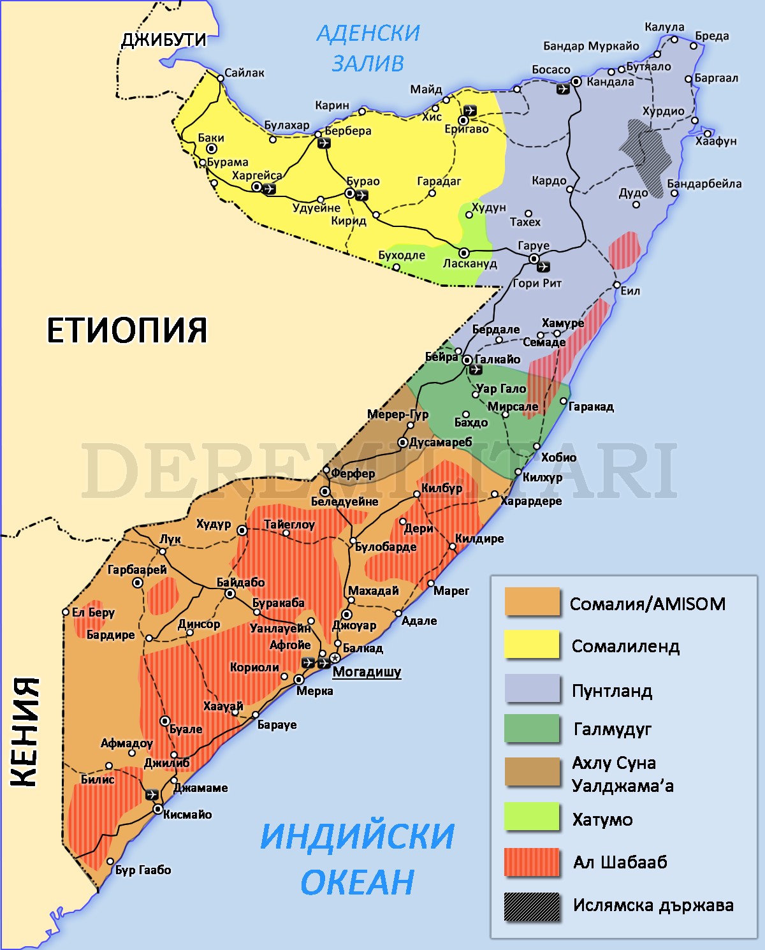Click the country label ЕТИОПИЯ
point(127,330)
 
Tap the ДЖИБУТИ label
point(164,40)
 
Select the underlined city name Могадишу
point(367,671)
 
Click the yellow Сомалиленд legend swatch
point(532,645)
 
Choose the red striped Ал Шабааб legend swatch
point(532,862)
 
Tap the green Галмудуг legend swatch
point(532,729)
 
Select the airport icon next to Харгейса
point(269,189)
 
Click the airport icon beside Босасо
point(563,89)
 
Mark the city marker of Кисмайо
point(157,809)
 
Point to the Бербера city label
point(348,131)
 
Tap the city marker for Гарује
point(534,258)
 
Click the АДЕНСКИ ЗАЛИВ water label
point(368,48)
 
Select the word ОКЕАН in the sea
point(357,882)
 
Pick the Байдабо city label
point(240,582)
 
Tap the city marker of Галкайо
point(467,360)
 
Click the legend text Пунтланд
point(611,691)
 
